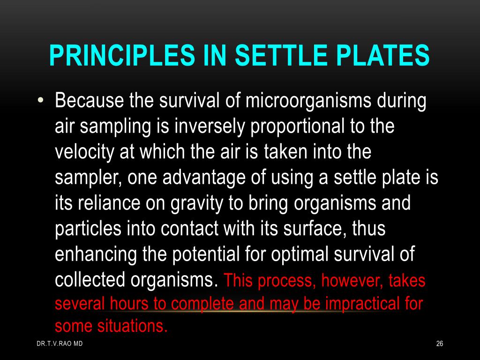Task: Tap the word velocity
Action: (x=85, y=152)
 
